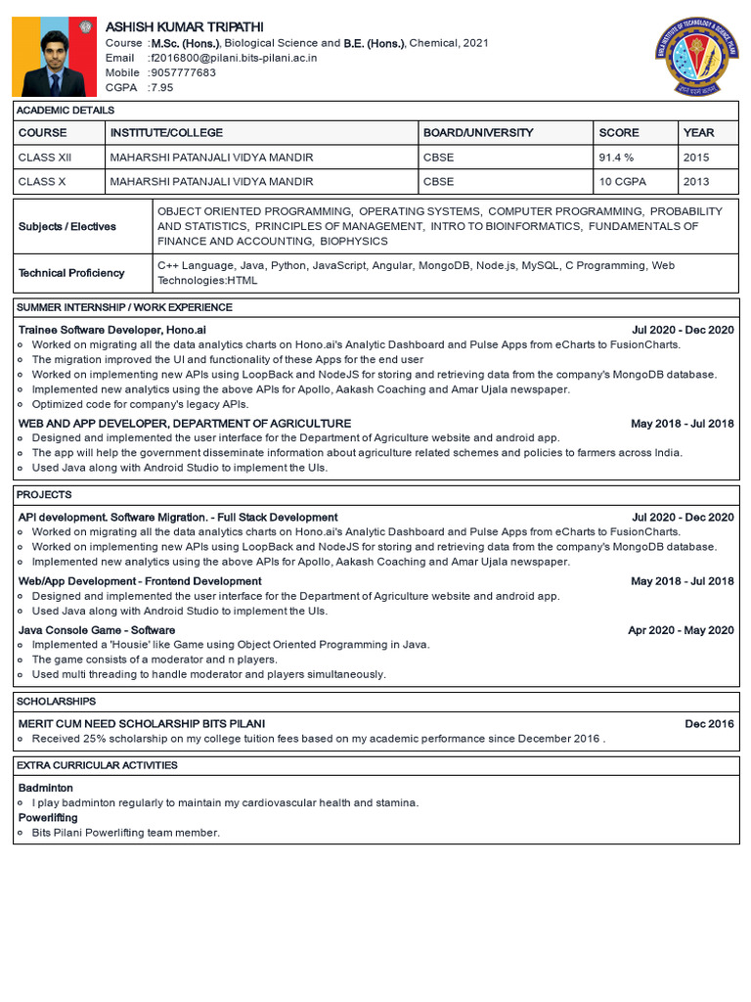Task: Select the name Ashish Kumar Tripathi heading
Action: click(184, 26)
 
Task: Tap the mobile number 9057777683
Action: click(182, 72)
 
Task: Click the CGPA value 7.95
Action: click(160, 87)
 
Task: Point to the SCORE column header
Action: click(619, 132)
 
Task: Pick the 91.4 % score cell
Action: click(616, 157)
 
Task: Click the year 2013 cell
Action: click(696, 181)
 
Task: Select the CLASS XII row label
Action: click(45, 157)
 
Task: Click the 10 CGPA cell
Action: click(620, 181)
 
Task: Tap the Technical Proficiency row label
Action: click(71, 273)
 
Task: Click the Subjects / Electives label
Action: click(67, 226)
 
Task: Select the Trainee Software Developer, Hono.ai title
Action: click(112, 330)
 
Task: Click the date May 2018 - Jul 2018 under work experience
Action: click(682, 424)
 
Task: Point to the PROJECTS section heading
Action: click(45, 494)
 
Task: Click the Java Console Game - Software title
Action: click(97, 630)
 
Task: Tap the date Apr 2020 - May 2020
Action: click(681, 630)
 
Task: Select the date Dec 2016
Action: click(709, 723)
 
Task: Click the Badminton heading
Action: click(46, 788)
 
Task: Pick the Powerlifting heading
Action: click(48, 817)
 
